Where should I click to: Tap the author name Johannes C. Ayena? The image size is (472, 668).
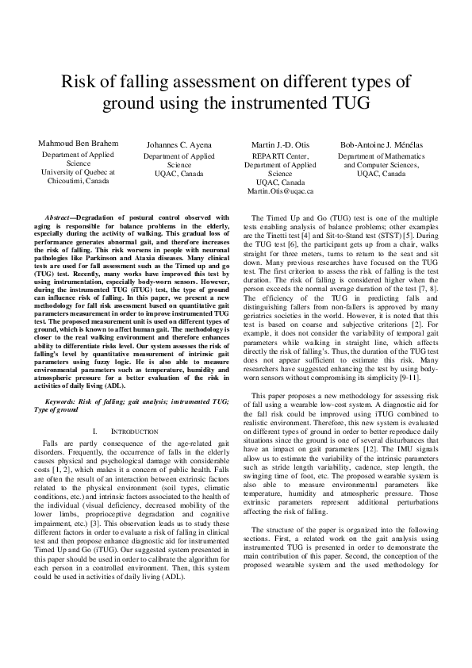(179, 144)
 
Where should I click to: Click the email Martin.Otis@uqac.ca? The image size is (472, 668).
(280, 191)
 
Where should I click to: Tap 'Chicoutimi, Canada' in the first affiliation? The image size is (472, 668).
(79, 181)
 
